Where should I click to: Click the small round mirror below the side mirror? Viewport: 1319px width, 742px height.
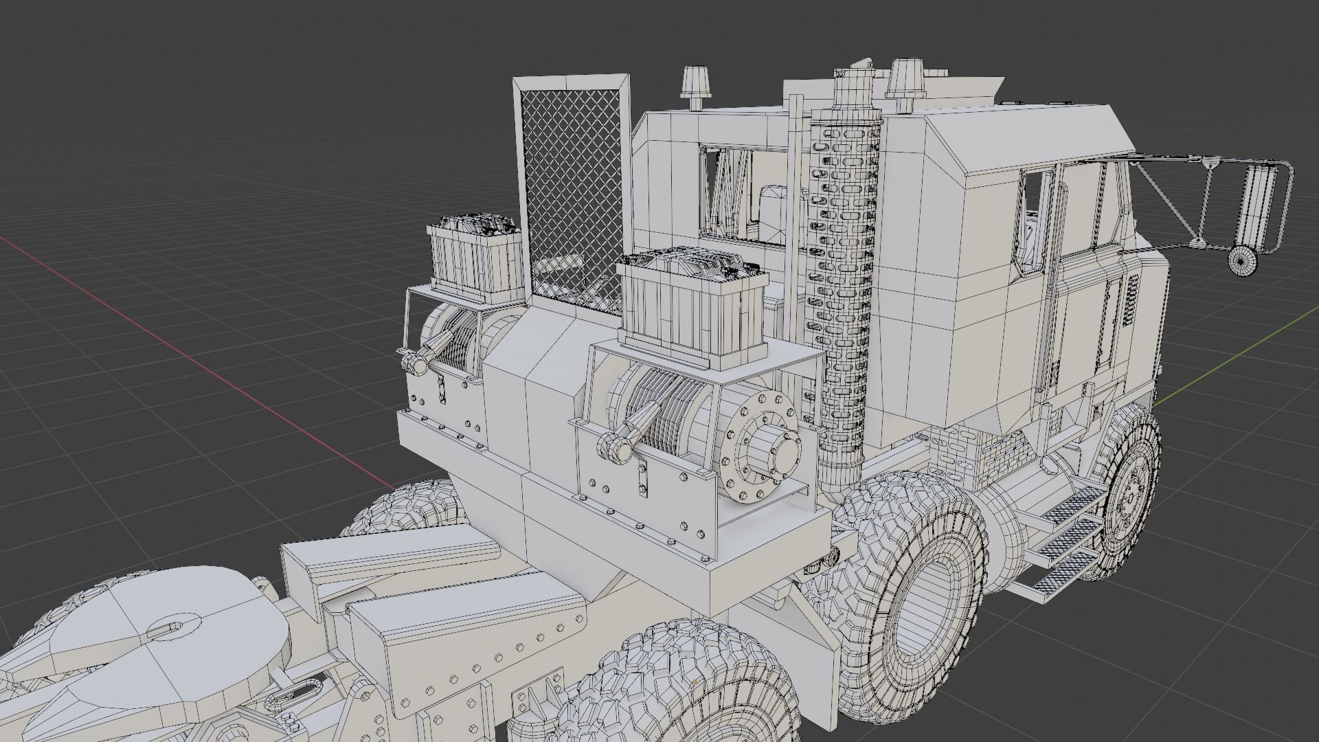1241,260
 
